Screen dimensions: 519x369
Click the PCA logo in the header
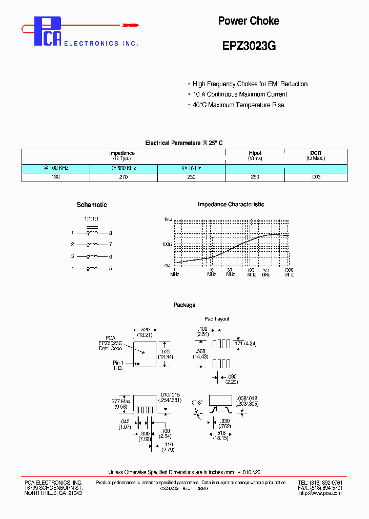(x=48, y=31)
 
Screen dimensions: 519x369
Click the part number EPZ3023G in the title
(x=249, y=46)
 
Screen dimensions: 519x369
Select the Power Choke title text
(x=249, y=21)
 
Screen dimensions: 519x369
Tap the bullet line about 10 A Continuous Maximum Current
(x=240, y=94)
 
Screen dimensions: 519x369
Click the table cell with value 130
(x=56, y=176)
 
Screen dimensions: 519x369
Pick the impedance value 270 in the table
(x=124, y=176)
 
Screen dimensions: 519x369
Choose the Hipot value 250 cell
(x=255, y=176)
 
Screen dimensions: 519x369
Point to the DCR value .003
(x=316, y=176)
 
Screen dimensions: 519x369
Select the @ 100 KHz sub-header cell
(x=56, y=168)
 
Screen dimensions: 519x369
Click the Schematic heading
(x=92, y=205)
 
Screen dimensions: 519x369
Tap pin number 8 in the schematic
(x=110, y=233)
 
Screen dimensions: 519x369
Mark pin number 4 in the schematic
(x=73, y=268)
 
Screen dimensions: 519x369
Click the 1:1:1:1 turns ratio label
(x=91, y=219)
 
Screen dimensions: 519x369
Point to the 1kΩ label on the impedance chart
(x=168, y=219)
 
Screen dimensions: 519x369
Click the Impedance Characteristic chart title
(x=231, y=205)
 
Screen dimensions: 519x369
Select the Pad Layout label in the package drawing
(x=217, y=319)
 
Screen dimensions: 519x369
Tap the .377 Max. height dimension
(x=121, y=402)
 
